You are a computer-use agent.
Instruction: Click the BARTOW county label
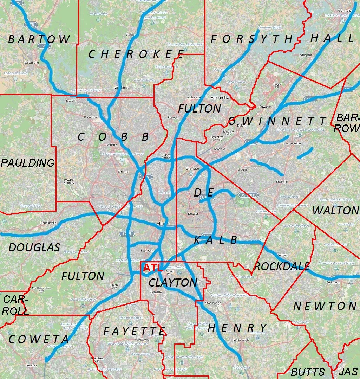(39, 39)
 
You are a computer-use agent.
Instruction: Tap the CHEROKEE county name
(136, 54)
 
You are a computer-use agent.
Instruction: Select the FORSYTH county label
(251, 39)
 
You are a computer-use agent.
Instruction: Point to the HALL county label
(332, 38)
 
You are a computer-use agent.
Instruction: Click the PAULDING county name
(28, 163)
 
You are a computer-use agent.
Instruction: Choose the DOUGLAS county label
(34, 248)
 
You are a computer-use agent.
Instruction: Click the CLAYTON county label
(173, 283)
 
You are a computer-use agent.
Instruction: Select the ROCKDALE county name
(282, 266)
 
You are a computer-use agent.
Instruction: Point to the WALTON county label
(335, 211)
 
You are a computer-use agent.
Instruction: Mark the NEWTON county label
(325, 306)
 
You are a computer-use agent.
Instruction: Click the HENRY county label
(237, 328)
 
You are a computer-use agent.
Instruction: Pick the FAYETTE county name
(134, 332)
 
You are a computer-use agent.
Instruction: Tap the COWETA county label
(39, 339)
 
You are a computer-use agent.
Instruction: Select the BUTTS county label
(308, 372)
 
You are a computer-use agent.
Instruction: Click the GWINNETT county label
(277, 121)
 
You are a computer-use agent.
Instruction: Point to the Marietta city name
(112, 145)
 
